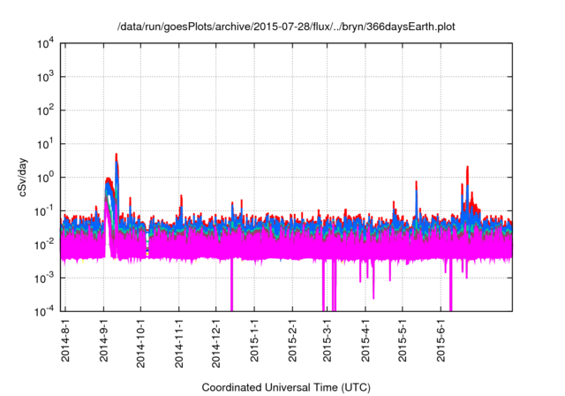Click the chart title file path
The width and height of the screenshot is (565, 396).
coord(287,27)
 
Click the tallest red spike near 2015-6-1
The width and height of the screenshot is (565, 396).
coord(467,168)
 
